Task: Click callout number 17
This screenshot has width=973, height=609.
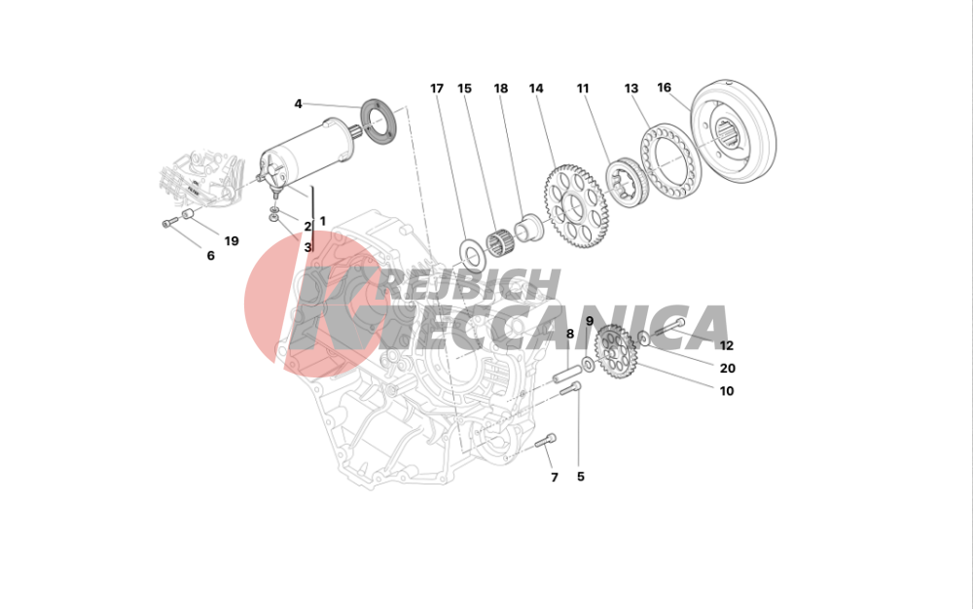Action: click(437, 89)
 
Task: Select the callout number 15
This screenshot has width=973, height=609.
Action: click(465, 89)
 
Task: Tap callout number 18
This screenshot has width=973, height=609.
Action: click(501, 89)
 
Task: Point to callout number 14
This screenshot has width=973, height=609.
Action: click(536, 89)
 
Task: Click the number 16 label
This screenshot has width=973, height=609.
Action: click(664, 88)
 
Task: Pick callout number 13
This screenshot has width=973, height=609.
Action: click(631, 89)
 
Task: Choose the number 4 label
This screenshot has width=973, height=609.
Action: click(298, 104)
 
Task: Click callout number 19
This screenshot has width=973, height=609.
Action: click(232, 241)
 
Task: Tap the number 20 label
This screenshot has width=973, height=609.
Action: click(727, 369)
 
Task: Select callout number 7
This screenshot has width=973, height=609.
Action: click(555, 478)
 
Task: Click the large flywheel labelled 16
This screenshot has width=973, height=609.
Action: click(734, 132)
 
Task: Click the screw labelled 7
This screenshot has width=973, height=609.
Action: click(545, 441)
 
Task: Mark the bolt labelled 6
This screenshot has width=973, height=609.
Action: click(167, 223)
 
